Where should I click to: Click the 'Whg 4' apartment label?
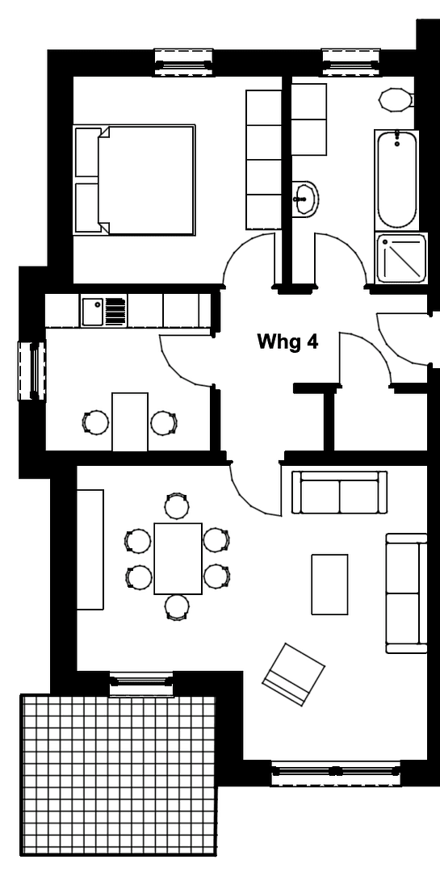287,342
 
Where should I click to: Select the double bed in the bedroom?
136,179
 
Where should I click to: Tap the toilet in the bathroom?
396,100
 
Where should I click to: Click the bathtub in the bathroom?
396,179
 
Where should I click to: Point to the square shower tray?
402,258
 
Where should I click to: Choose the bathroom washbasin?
305,197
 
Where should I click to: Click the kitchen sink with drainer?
104,311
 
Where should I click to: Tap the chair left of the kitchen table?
96,421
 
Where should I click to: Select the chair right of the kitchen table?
164,421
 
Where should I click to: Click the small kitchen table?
130,421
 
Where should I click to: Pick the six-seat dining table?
178,558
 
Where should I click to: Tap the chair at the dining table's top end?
177,507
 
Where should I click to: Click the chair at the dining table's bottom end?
177,607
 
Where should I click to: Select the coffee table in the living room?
329,584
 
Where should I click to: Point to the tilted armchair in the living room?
294,673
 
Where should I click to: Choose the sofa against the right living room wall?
406,593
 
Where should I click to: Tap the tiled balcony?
119,775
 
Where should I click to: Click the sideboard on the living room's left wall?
90,549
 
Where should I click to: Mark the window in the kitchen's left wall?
33,371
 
